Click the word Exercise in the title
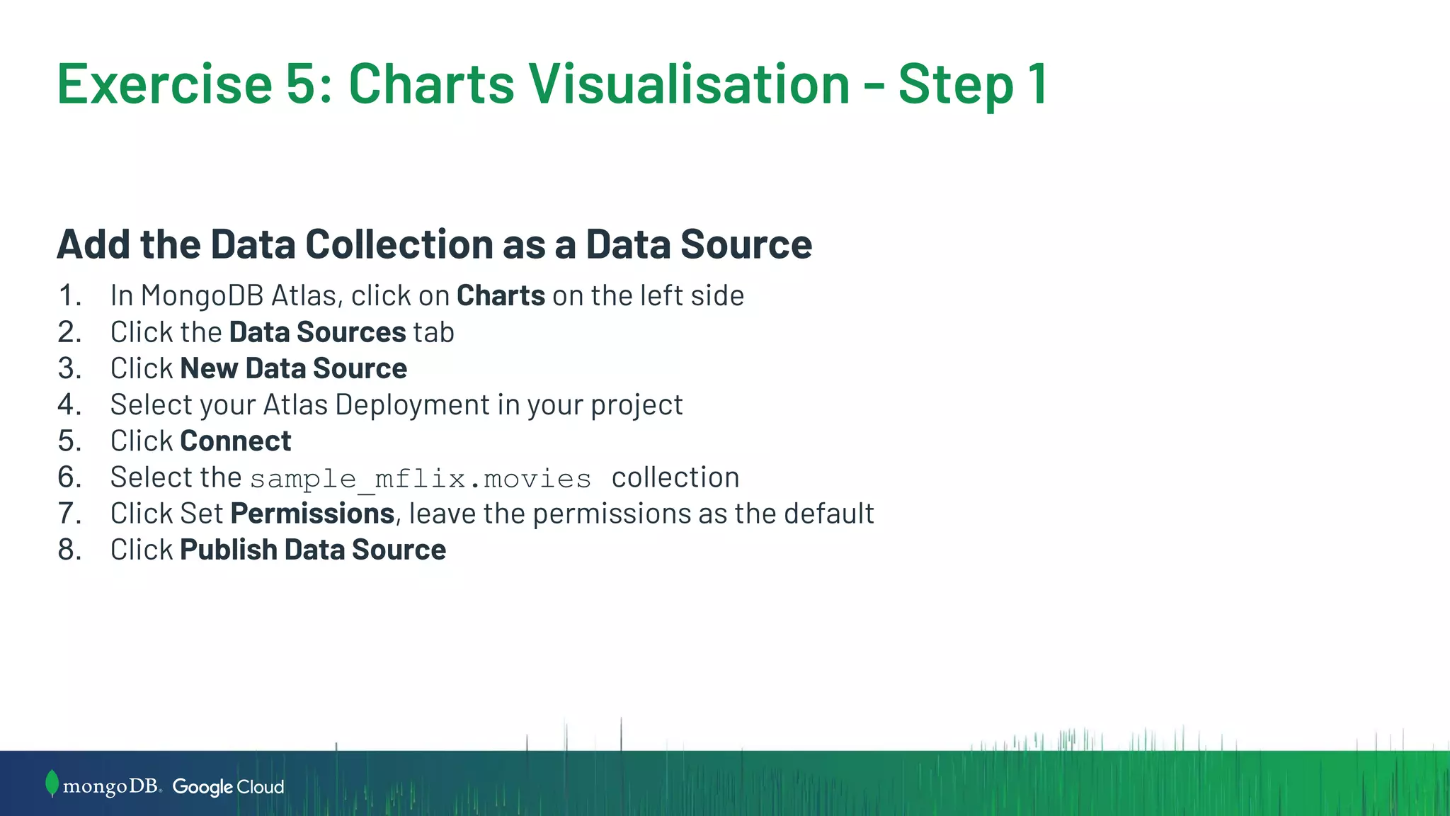(164, 84)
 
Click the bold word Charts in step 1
(501, 295)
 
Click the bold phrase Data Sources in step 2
(317, 332)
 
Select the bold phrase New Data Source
(293, 368)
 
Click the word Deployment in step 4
(412, 405)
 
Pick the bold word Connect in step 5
(235, 441)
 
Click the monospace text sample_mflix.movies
(421, 479)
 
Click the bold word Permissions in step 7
(312, 514)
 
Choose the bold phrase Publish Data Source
(313, 550)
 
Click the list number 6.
(69, 477)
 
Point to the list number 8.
(69, 550)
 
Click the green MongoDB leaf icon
(51, 783)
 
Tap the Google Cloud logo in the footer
(228, 787)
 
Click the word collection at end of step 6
(675, 477)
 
